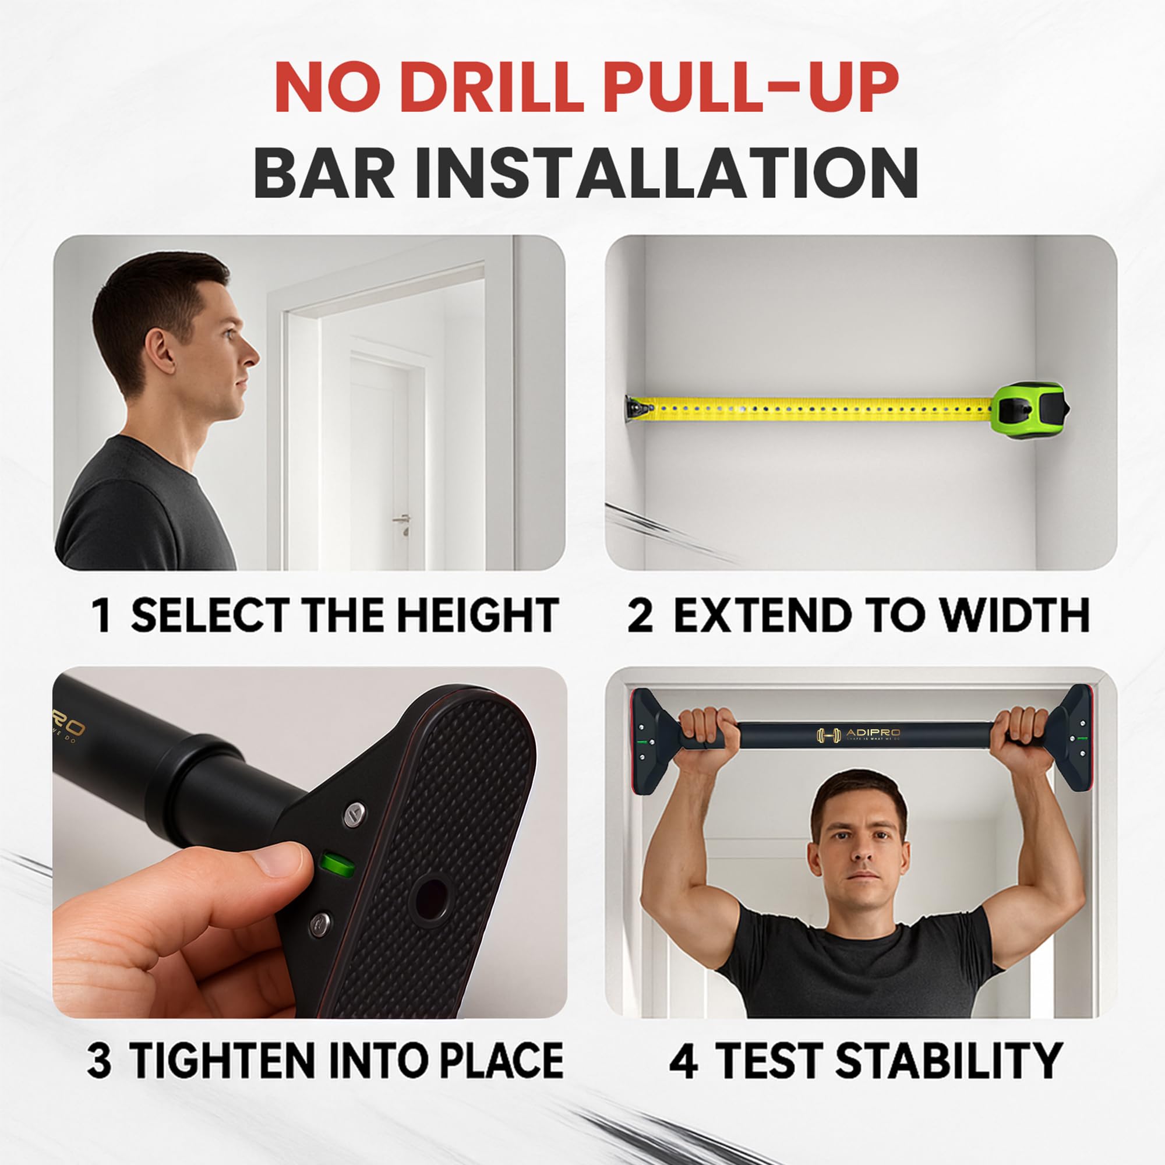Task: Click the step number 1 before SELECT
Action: click(x=103, y=616)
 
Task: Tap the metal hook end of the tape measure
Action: click(x=637, y=408)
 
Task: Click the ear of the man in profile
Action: click(x=158, y=353)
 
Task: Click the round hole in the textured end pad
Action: click(x=432, y=900)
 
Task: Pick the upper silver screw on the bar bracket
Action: click(x=355, y=815)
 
